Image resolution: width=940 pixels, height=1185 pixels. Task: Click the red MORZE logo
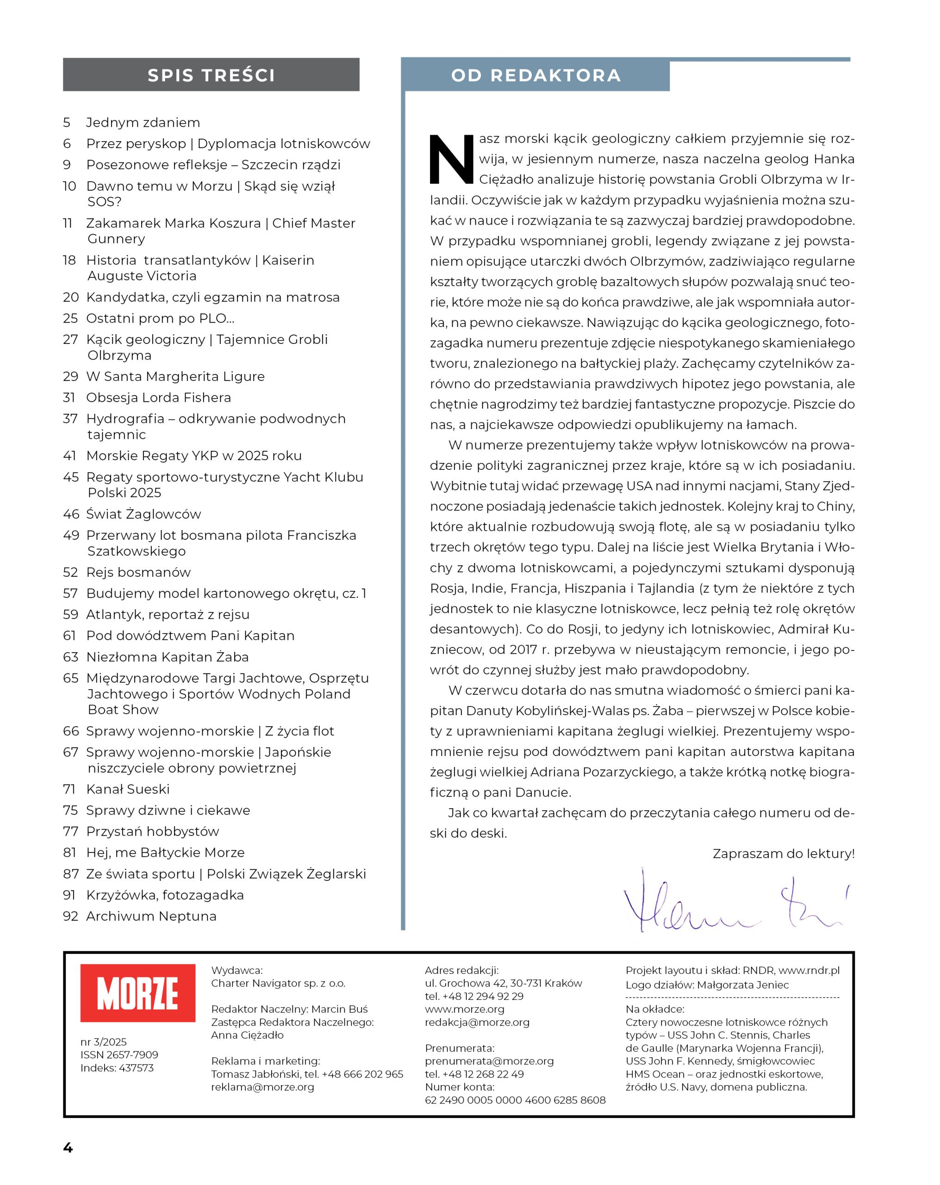coord(137,992)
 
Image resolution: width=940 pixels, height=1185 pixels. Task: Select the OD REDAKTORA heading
coord(535,75)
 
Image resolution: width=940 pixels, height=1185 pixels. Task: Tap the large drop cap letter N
coord(451,159)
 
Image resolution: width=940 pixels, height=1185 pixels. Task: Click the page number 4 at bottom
coord(68,1147)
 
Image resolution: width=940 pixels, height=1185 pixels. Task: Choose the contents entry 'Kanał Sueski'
coord(128,789)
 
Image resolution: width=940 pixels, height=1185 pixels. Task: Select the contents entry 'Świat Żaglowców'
coord(143,514)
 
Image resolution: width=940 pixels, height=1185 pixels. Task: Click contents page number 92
coord(70,916)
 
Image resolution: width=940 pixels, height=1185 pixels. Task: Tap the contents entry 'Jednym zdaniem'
coord(143,123)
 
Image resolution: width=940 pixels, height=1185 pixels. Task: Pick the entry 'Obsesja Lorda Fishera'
coord(158,397)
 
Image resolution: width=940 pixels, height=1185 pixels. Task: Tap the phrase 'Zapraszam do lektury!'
coord(783,854)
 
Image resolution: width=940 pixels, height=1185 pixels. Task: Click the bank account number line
coord(515,1100)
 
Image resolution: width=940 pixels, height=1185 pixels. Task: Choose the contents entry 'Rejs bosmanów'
coord(138,572)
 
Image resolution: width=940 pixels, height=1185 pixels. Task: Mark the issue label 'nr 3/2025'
coord(103,1042)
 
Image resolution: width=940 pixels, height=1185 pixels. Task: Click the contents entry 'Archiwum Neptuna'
coord(151,916)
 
